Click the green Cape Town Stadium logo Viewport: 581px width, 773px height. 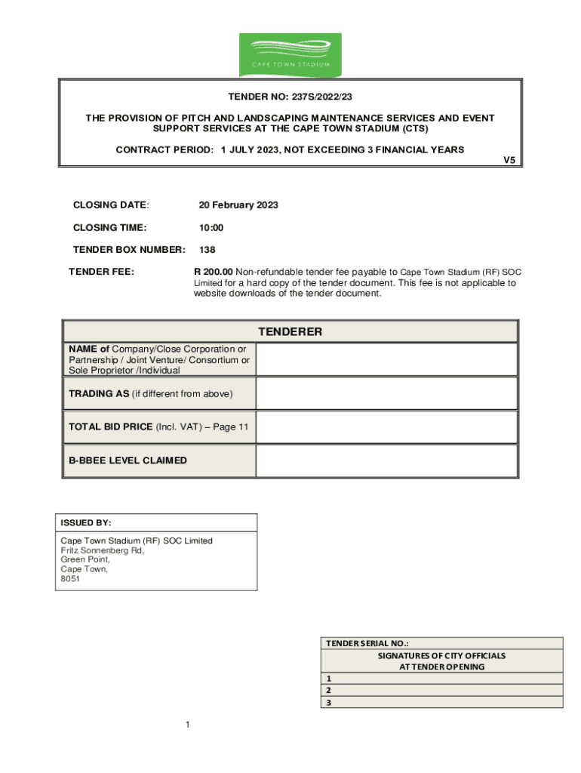coord(290,54)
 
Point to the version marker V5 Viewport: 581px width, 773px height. coord(509,161)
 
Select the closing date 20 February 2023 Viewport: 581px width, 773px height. coord(238,205)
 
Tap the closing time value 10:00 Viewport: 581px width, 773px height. coord(211,228)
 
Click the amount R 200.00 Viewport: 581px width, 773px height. coord(214,272)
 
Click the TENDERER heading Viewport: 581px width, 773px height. coord(290,332)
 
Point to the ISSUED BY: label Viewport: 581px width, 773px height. coord(86,522)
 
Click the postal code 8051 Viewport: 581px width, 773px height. coord(70,579)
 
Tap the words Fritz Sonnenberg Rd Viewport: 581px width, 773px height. coord(102,550)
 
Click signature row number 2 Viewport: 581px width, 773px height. coord(442,690)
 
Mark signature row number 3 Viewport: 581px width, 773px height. coord(442,702)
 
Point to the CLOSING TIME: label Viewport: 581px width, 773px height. coord(109,228)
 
